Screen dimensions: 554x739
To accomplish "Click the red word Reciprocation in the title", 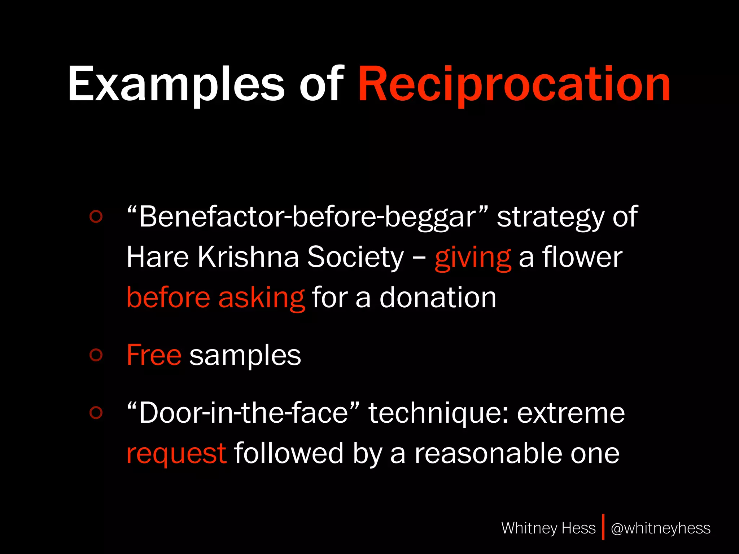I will point(514,85).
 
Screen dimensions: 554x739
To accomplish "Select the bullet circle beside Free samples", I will point(96,355).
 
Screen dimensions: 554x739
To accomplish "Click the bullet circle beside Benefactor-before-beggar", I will point(96,216).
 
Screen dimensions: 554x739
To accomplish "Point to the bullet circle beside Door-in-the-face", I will point(96,412).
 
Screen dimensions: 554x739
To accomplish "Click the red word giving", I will point(473,258).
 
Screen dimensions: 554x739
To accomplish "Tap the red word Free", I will point(154,355).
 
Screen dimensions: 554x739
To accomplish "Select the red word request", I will point(176,454).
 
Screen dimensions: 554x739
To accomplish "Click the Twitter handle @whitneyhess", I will point(660,528).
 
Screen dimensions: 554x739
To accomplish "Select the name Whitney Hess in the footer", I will point(548,528).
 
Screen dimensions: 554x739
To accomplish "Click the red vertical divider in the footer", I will point(603,527).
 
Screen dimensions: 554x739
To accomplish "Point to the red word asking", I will point(262,298).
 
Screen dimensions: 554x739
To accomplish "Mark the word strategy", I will point(551,217).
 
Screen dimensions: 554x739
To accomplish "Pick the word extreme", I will point(571,413).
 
